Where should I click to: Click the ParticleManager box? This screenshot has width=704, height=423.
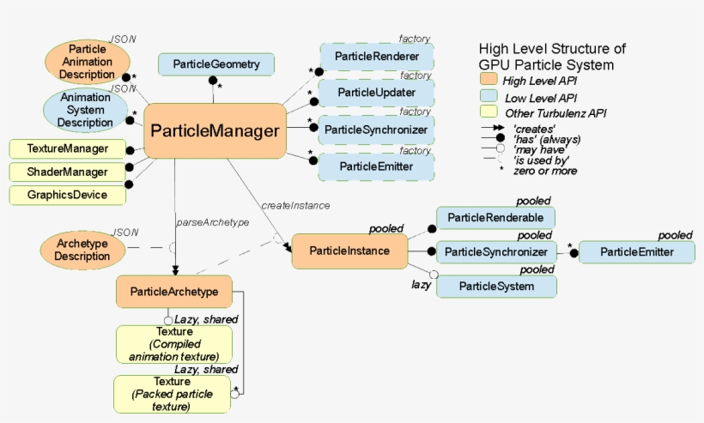(x=215, y=131)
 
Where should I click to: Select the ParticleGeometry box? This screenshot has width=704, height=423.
(x=215, y=63)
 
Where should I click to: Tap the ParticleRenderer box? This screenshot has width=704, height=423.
(x=377, y=57)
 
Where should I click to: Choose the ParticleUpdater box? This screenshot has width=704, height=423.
(x=377, y=93)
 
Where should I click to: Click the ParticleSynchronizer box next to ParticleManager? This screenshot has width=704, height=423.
(x=377, y=129)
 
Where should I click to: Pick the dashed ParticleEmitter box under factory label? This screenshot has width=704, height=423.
(x=377, y=166)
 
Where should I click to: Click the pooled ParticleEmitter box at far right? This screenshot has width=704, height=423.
(x=636, y=251)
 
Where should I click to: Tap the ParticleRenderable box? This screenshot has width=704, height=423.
(x=496, y=218)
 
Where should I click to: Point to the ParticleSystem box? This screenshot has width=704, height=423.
(x=496, y=286)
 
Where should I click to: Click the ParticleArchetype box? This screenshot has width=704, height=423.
(x=174, y=292)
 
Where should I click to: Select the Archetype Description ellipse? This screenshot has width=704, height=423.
(x=83, y=250)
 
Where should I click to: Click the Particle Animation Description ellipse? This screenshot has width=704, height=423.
(x=87, y=62)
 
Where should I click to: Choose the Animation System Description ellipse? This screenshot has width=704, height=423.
(x=85, y=110)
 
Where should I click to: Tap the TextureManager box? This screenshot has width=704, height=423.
(x=68, y=148)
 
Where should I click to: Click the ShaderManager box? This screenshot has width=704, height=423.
(x=68, y=172)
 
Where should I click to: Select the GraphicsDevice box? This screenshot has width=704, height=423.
(x=68, y=195)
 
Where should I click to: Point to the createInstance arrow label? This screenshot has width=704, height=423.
(x=295, y=206)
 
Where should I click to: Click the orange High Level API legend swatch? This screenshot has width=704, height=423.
(x=489, y=82)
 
